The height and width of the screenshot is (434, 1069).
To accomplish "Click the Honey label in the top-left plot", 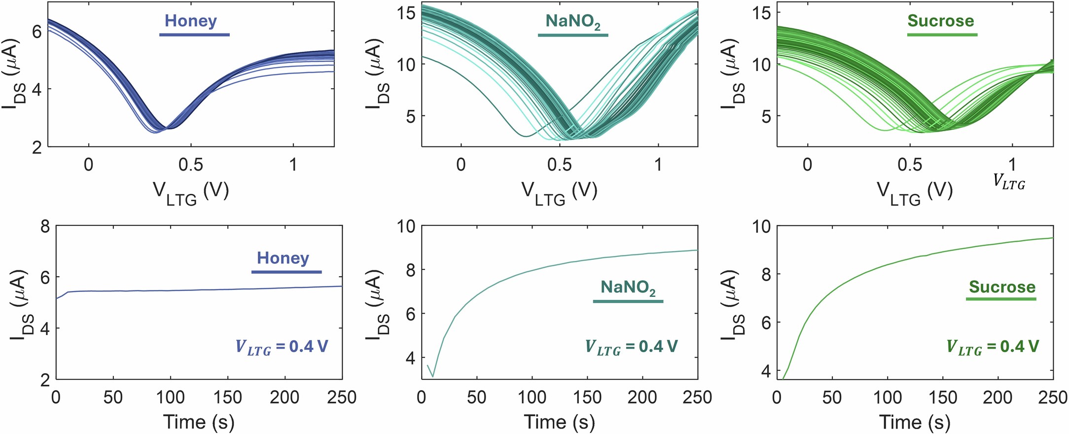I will [191, 21].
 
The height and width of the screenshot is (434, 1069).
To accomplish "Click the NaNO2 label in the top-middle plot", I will [572, 21].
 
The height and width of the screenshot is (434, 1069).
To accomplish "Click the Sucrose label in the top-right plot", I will [941, 21].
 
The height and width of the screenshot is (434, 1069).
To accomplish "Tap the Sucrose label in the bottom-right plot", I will [1002, 287].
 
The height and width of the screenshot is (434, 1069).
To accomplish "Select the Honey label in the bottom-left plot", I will [283, 258].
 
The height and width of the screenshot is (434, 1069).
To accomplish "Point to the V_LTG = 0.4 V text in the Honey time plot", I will [282, 347].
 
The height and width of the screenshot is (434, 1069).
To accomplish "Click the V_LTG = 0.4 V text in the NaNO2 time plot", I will [631, 347].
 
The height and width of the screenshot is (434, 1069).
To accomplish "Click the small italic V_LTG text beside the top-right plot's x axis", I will [1009, 182].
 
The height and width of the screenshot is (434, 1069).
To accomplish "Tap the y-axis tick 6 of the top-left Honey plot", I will [37, 31].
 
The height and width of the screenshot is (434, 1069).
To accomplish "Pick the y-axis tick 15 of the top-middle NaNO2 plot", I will [407, 12].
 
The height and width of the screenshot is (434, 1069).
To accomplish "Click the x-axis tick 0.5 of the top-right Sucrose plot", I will [909, 164].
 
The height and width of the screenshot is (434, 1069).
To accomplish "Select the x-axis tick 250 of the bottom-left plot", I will [342, 398].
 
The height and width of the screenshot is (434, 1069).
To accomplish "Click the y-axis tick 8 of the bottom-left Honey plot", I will [45, 227].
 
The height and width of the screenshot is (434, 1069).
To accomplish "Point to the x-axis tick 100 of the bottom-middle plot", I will [532, 398].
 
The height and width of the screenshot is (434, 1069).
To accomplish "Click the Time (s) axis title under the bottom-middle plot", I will [559, 422].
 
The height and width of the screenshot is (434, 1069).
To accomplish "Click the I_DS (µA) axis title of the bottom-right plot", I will [731, 305].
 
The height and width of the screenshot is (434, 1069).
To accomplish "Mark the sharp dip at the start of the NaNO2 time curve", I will [433, 376].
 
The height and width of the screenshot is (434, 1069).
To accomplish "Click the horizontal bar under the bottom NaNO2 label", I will [628, 301].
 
